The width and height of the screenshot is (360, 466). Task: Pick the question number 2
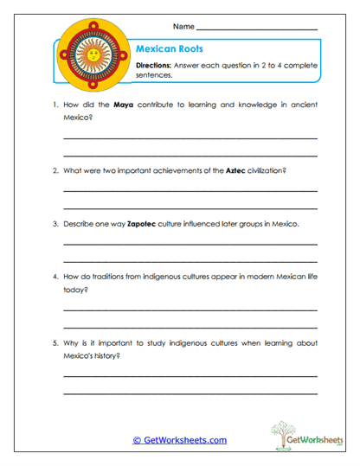coord(55,170)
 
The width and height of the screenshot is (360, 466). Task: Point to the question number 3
coord(55,223)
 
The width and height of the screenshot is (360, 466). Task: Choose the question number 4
coord(55,277)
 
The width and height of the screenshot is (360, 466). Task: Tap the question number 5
coord(55,342)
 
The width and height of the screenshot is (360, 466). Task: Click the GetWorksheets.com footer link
coord(179,440)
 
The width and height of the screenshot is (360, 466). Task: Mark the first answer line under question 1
coord(190,137)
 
